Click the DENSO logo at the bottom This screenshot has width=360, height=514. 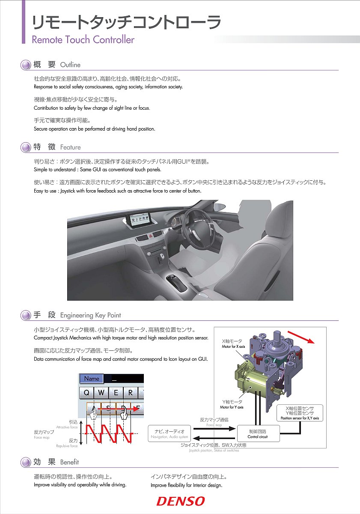180,501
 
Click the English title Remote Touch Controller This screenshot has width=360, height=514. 83,40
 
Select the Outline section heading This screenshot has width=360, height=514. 70,65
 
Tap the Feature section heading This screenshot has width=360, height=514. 70,147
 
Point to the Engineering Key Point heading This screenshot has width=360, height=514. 90,315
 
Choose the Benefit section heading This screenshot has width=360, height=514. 69,462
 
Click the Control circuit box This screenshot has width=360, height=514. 258,433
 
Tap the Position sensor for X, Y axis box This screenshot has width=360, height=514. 300,412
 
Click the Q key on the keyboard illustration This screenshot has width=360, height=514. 87,392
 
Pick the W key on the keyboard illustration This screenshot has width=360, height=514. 101,392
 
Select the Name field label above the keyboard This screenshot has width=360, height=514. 92,379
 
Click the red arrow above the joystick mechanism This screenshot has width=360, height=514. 301,337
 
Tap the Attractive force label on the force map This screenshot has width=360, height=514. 68,424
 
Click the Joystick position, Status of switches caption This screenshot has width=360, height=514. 214,448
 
